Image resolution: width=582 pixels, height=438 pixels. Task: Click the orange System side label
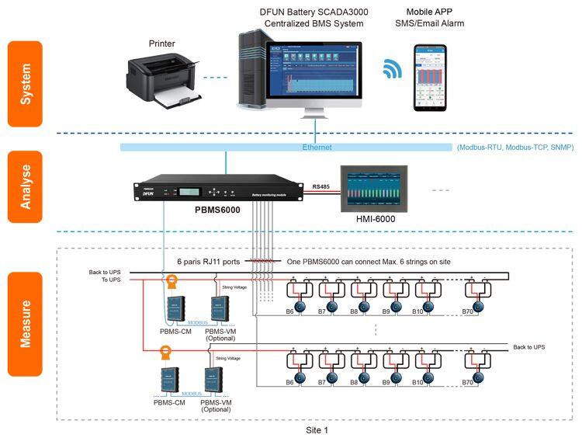(25, 84)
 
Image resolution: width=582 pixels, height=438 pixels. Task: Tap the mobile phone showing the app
(435, 78)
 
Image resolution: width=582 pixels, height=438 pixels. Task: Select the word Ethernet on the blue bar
(317, 147)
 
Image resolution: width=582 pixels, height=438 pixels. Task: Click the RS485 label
(321, 186)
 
